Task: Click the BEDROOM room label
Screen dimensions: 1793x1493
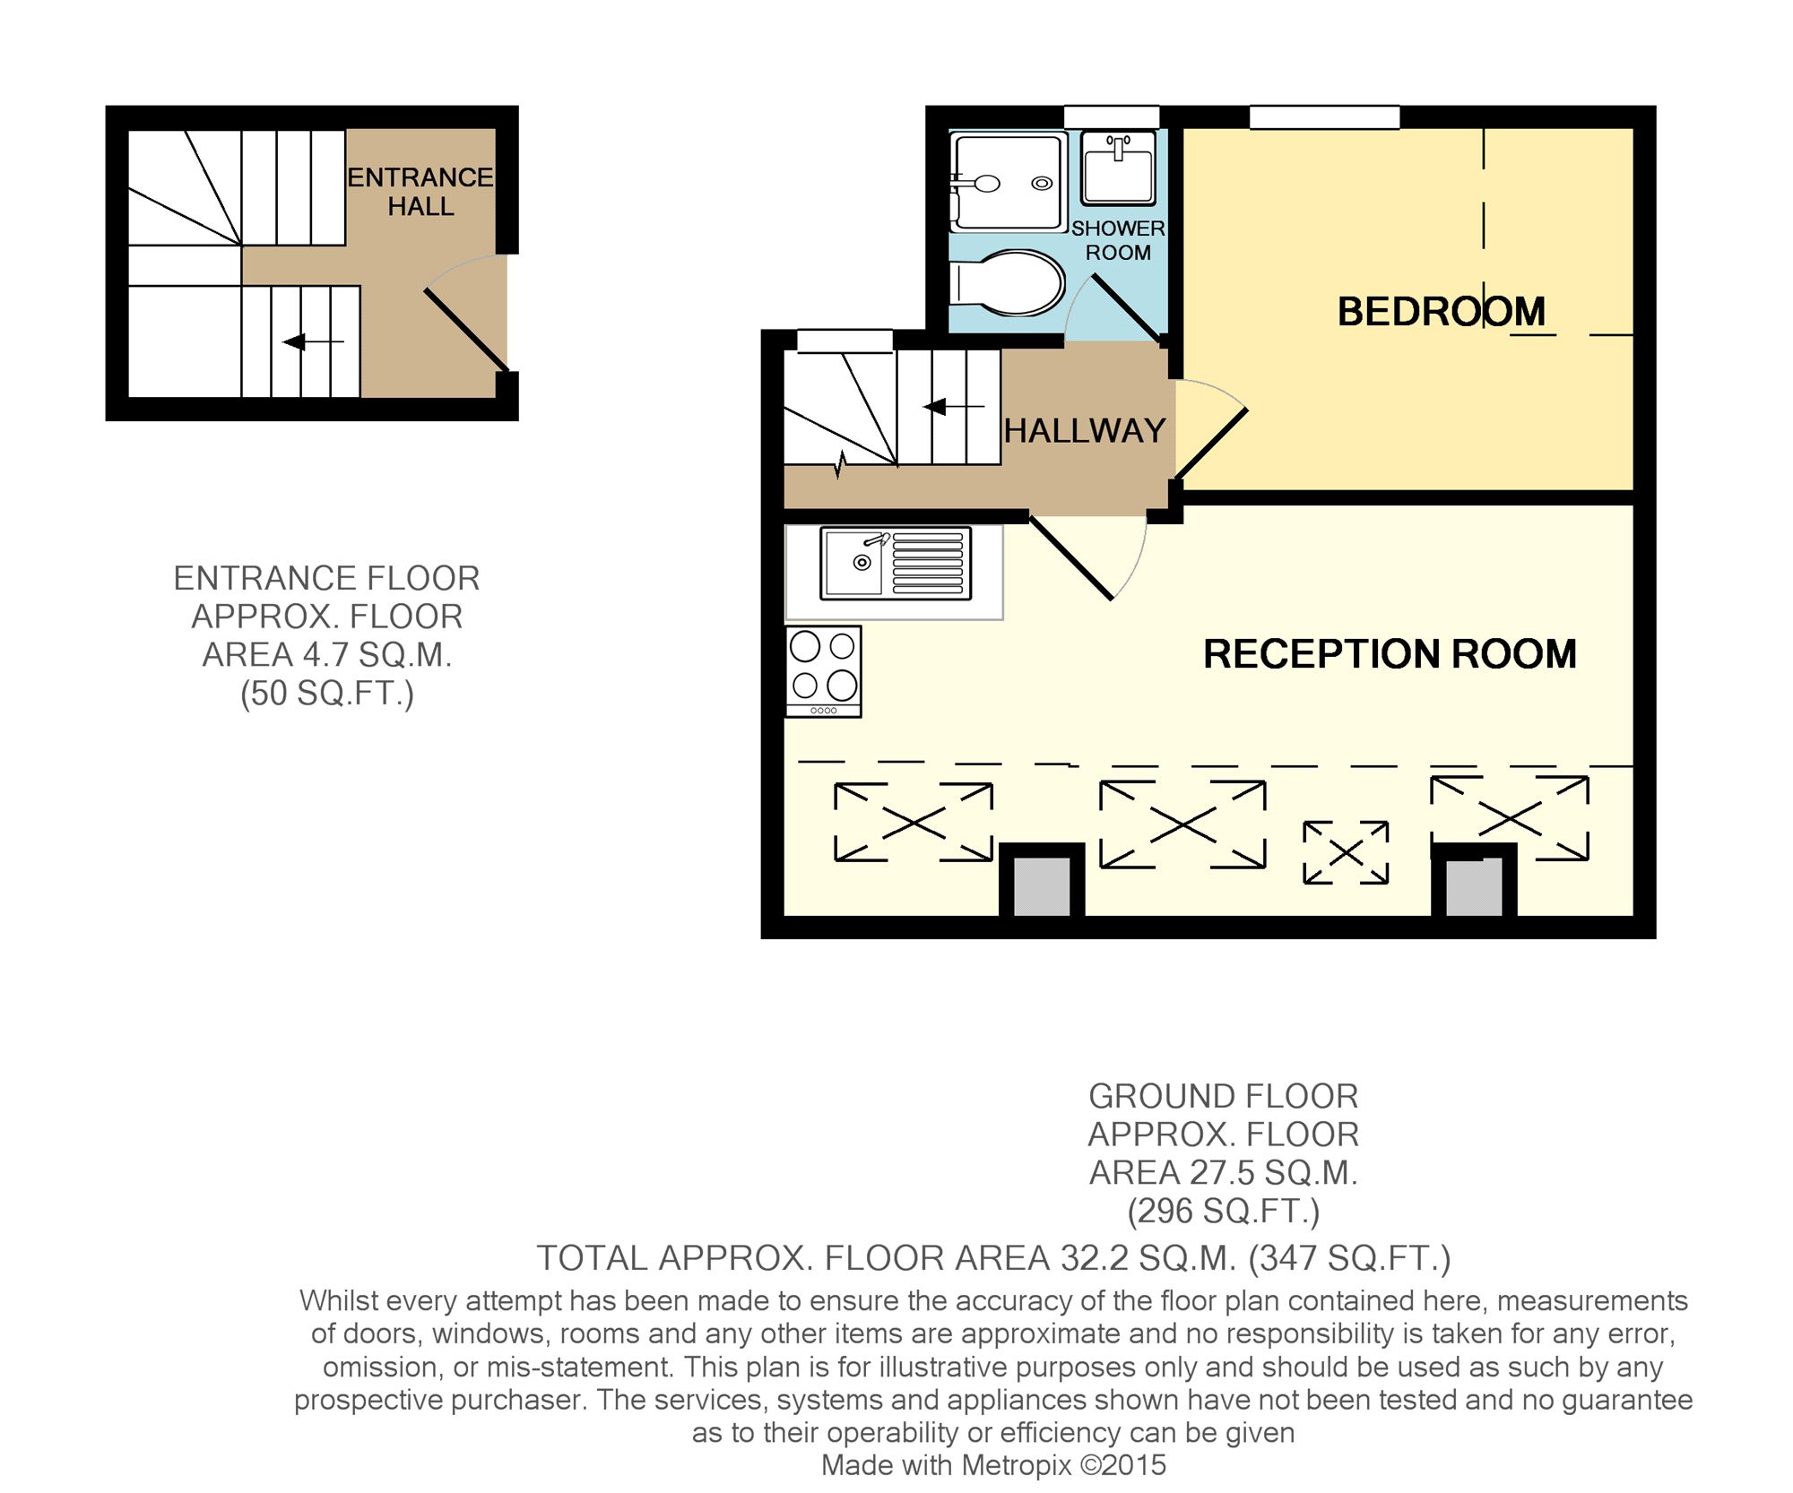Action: (x=1441, y=312)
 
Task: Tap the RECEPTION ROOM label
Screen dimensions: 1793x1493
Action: (x=1390, y=654)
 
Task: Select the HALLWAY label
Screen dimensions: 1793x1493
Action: (x=1085, y=431)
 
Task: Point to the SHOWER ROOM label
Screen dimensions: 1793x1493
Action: (x=1118, y=240)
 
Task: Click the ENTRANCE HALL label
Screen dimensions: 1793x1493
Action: (x=420, y=192)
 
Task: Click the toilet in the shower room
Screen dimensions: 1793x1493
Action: (x=1007, y=283)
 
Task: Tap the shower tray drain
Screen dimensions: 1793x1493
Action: (x=1042, y=184)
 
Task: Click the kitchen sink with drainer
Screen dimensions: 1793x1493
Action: (x=896, y=563)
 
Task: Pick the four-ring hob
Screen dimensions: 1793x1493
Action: (x=824, y=671)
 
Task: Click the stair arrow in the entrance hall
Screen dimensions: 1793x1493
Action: (x=313, y=341)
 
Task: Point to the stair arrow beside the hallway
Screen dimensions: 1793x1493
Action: (x=954, y=408)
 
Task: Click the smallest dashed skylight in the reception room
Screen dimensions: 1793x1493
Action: (x=1346, y=852)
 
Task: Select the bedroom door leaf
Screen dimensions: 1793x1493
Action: (x=1210, y=444)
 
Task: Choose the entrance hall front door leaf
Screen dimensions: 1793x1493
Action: (x=466, y=329)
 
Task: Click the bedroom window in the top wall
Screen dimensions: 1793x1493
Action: (x=1325, y=117)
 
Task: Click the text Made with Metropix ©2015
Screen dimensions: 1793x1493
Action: (x=993, y=1465)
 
